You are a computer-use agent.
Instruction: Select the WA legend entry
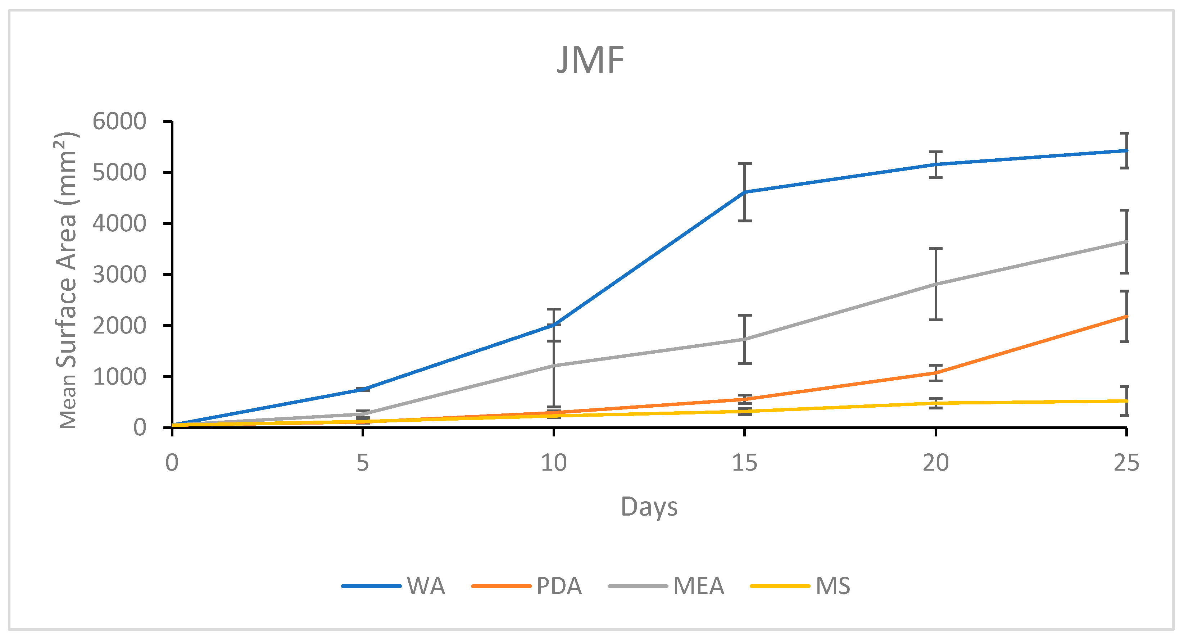(x=394, y=586)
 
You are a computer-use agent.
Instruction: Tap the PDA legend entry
(x=527, y=586)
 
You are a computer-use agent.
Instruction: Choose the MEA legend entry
(x=666, y=586)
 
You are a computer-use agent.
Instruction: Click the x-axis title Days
(x=649, y=507)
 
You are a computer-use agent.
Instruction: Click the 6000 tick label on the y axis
(x=119, y=122)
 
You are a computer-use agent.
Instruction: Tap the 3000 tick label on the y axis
(x=119, y=275)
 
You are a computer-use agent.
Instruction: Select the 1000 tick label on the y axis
(x=119, y=377)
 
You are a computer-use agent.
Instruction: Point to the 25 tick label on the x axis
(x=1126, y=462)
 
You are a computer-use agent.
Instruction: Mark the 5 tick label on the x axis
(x=363, y=462)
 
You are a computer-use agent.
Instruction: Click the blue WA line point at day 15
(x=745, y=192)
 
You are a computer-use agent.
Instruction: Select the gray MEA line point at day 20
(x=935, y=285)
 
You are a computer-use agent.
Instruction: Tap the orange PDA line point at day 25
(x=1126, y=316)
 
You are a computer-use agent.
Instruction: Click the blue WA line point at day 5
(x=363, y=389)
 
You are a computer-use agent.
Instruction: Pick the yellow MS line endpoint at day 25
(x=1126, y=401)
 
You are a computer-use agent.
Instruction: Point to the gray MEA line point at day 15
(x=745, y=339)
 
